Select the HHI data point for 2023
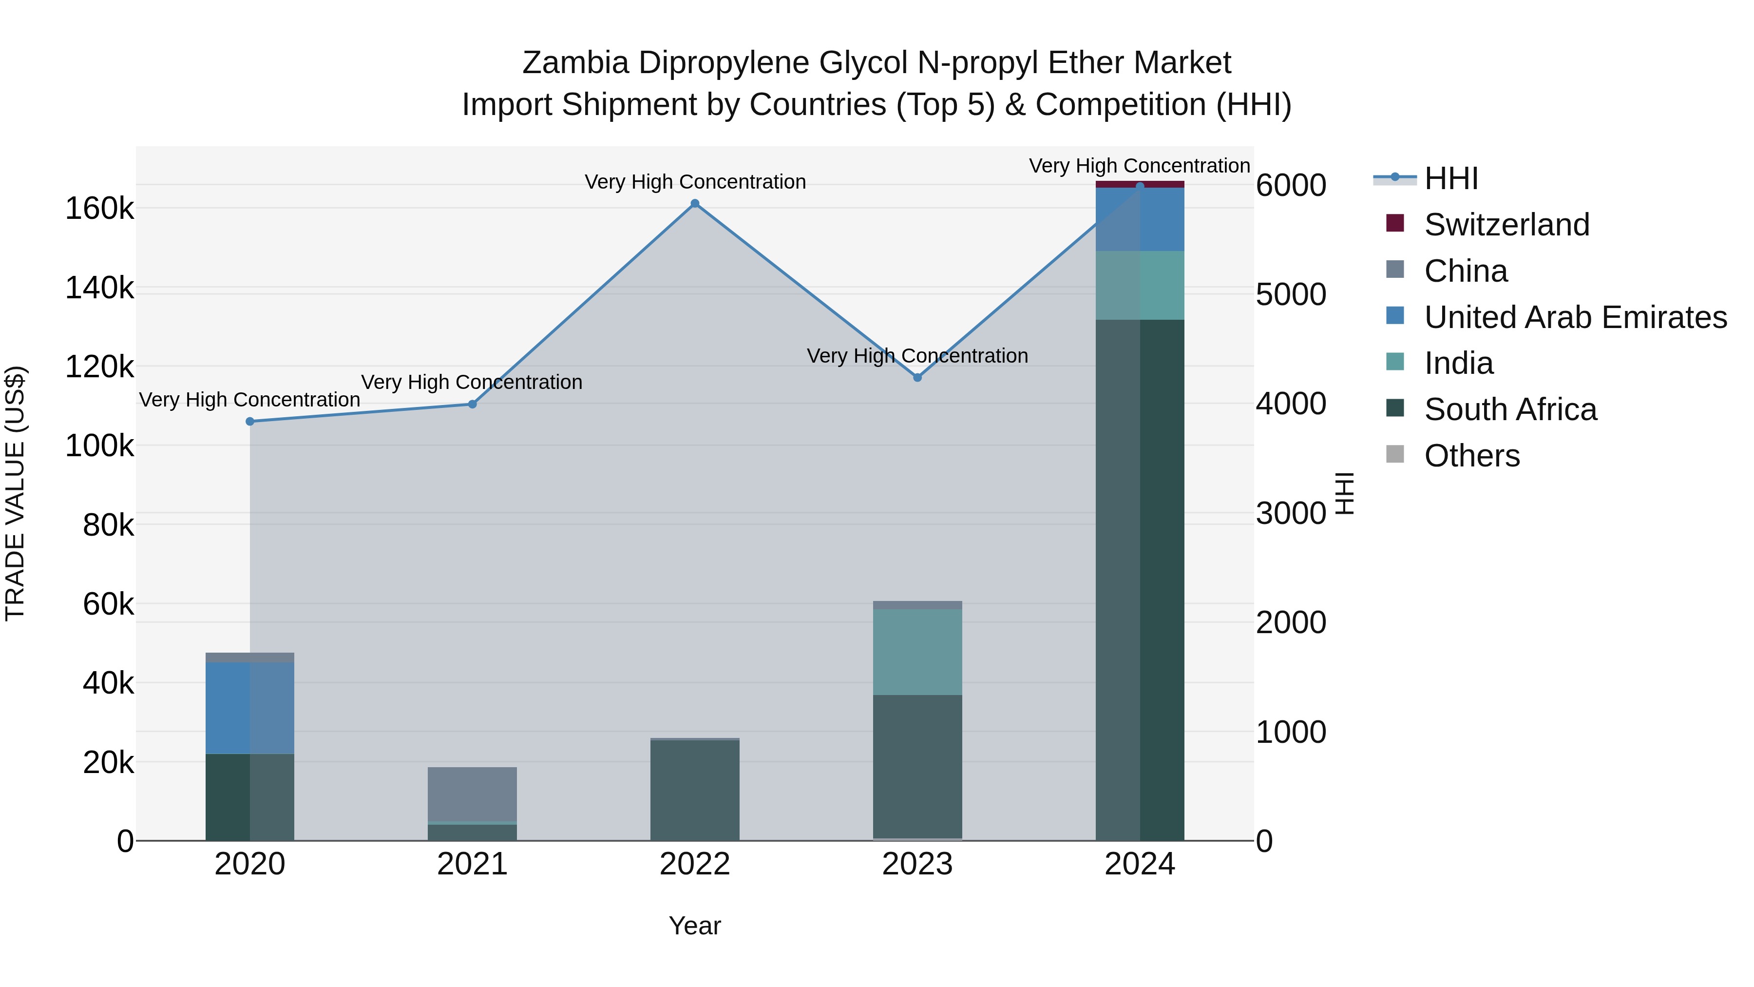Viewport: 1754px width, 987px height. coord(917,377)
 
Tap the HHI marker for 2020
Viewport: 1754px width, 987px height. coord(250,422)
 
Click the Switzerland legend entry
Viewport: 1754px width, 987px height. coord(1506,225)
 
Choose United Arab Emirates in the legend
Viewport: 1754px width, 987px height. coord(1575,317)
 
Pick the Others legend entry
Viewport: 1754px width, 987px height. coord(1471,456)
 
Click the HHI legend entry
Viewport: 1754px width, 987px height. coord(1450,178)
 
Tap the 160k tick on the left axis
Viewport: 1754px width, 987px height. coord(99,209)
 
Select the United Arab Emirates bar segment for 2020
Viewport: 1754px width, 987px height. coord(250,708)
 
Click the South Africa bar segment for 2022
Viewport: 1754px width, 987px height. coord(694,790)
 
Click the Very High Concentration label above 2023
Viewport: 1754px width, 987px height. coord(917,356)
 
